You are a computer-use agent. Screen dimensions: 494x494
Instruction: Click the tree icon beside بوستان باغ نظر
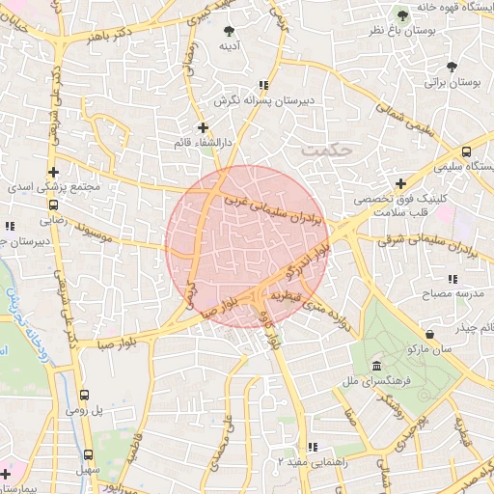click(x=403, y=14)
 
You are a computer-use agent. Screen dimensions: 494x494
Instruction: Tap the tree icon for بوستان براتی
click(x=452, y=66)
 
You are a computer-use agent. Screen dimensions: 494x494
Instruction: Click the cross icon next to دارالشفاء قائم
click(x=202, y=126)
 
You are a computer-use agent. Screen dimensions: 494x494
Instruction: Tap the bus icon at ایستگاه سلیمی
click(x=466, y=151)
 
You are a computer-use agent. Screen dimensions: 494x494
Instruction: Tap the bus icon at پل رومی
click(x=85, y=395)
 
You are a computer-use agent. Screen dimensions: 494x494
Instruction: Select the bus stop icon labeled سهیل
click(x=88, y=454)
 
